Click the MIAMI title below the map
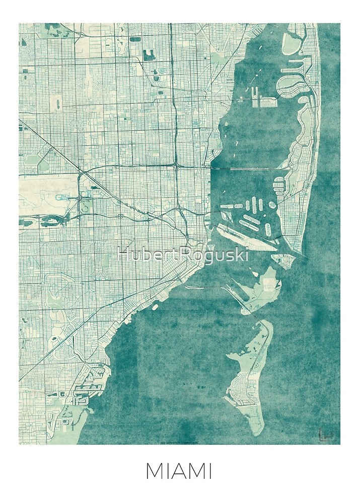tap(178, 472)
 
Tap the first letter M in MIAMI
tap(153, 472)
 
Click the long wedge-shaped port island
tap(247, 238)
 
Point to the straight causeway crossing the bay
tap(247, 168)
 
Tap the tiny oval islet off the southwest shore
tap(155, 306)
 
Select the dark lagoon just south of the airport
tap(53, 219)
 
